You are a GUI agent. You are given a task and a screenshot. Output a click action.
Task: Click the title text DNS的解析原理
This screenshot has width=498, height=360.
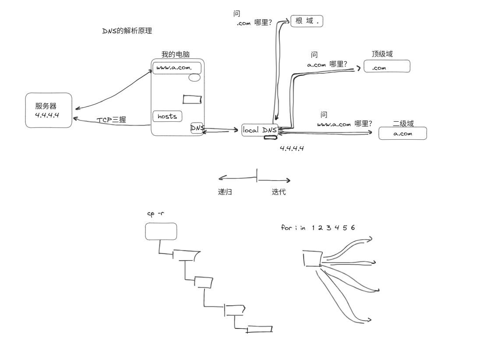click(127, 31)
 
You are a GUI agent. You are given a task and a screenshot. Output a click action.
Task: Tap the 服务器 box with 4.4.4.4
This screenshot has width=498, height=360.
click(48, 110)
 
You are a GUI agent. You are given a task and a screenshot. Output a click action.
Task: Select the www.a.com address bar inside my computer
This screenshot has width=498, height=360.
click(177, 68)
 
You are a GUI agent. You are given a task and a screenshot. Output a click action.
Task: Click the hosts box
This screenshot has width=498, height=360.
click(167, 116)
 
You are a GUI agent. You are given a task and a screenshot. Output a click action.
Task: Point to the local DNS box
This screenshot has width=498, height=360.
click(260, 130)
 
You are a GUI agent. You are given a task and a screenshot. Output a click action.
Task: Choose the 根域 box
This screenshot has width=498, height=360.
click(307, 21)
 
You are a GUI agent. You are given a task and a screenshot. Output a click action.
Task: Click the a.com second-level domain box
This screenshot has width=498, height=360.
click(403, 133)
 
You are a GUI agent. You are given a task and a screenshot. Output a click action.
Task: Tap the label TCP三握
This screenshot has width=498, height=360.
click(111, 120)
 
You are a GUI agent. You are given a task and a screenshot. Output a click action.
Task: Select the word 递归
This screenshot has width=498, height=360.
click(225, 192)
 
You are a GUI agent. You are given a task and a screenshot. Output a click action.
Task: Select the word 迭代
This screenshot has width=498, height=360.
click(279, 192)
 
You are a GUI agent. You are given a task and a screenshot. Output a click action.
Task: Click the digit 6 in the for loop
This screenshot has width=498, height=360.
click(353, 228)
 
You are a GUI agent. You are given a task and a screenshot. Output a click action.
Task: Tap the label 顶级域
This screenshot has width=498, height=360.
click(382, 54)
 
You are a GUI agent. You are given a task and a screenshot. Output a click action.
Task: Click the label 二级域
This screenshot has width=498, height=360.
click(403, 124)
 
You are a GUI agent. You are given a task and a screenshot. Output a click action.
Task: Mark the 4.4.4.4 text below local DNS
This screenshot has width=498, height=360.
click(292, 148)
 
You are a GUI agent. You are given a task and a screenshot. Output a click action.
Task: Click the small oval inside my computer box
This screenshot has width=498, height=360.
click(194, 78)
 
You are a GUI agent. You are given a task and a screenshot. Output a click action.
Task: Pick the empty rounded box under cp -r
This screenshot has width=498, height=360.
click(161, 231)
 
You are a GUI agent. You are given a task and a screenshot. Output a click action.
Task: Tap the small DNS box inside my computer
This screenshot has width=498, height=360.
click(197, 128)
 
